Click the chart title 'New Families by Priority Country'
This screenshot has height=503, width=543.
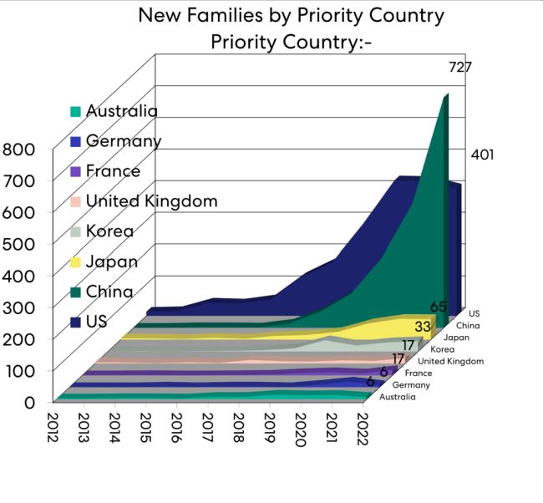pos(291,15)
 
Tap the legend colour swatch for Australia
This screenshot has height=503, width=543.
pos(76,112)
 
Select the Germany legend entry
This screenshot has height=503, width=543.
pos(124,141)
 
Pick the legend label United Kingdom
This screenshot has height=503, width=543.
pos(151,201)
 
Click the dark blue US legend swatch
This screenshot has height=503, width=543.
pos(76,323)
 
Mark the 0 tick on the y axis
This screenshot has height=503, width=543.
pos(28,401)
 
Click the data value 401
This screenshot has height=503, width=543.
pos(482,155)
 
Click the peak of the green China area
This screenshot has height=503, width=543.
pos(446,95)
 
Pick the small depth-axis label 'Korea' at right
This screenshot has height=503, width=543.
pos(442,349)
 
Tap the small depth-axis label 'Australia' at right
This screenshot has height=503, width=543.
pos(396,397)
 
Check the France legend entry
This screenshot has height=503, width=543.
pos(113,171)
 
